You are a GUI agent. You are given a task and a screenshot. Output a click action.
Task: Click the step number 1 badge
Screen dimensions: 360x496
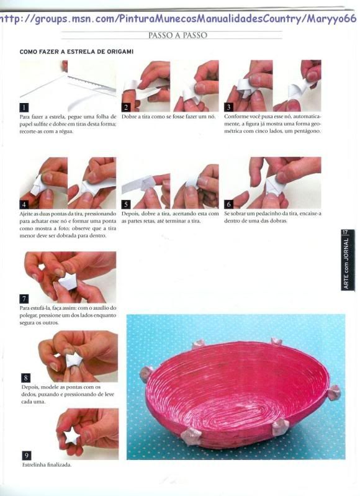[24, 107]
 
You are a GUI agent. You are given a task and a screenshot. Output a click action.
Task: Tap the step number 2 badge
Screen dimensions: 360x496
[126, 107]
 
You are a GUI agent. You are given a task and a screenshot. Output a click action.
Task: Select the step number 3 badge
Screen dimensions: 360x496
[228, 107]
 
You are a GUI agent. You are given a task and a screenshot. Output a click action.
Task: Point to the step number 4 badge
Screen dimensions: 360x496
[24, 204]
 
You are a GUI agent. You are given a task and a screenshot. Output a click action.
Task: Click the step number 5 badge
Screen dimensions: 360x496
[126, 204]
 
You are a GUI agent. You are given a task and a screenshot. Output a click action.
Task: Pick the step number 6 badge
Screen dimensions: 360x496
[228, 204]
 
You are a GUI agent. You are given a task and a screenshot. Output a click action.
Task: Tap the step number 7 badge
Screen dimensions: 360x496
[24, 299]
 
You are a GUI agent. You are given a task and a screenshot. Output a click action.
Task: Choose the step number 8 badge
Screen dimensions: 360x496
[25, 377]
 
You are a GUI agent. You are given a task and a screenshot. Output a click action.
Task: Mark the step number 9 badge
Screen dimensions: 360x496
[27, 456]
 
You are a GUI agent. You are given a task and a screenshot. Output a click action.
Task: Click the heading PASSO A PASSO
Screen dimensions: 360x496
[178, 35]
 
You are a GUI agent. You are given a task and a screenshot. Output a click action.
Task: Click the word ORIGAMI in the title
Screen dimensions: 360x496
[121, 52]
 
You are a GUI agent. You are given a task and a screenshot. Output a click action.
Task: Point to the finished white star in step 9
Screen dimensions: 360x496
[72, 436]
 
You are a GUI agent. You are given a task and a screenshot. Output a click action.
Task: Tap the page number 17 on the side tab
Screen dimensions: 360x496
[345, 233]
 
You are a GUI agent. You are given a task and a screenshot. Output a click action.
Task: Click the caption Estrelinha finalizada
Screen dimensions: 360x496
[47, 465]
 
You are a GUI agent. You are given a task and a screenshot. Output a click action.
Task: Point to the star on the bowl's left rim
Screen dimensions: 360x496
[146, 374]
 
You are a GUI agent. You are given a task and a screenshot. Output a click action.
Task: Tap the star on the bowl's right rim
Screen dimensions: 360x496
[333, 392]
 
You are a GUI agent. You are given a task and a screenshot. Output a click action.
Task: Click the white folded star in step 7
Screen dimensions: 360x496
[68, 282]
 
